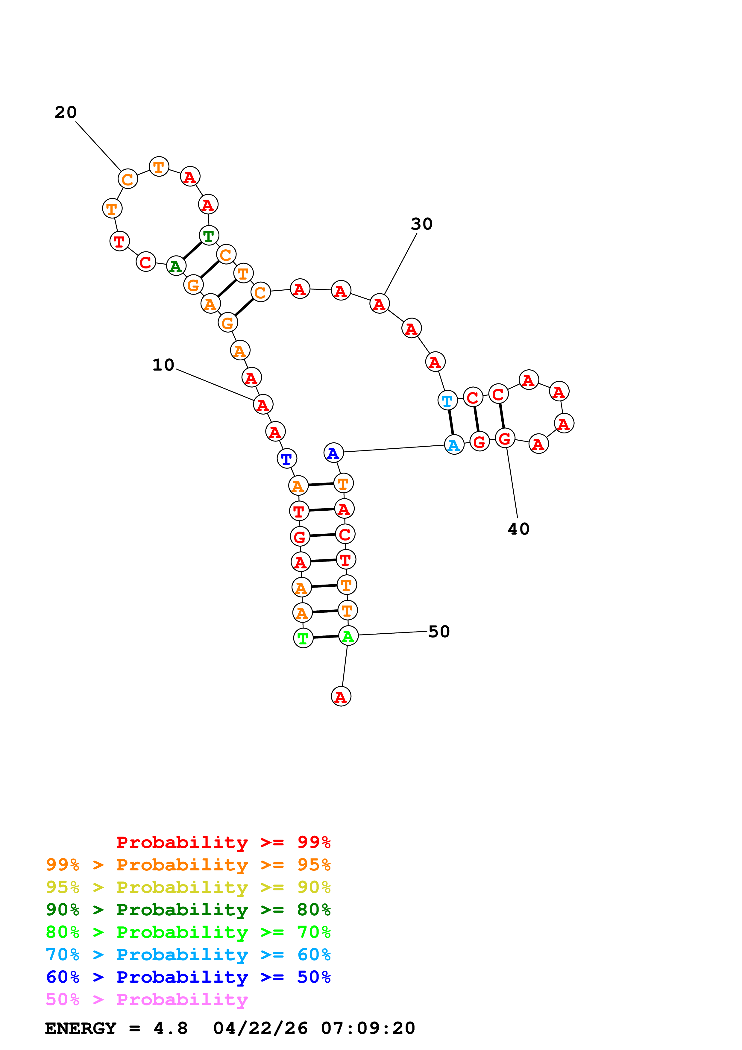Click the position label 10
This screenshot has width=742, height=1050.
tap(163, 365)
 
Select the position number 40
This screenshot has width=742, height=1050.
tap(518, 529)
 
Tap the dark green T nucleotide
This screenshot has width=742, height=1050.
tap(209, 236)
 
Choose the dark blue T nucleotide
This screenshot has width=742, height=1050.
tap(287, 458)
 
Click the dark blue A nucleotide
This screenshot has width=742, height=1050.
tap(333, 453)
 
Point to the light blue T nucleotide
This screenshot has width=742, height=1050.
tap(447, 400)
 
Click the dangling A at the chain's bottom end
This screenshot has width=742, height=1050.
tap(341, 697)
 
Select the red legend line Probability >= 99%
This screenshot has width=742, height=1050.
tap(223, 842)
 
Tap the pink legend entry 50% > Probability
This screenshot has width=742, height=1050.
tap(147, 1000)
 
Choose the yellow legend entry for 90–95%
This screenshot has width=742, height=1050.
tap(188, 887)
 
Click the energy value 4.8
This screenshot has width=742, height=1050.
tap(171, 1028)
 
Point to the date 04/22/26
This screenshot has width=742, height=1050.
tap(260, 1028)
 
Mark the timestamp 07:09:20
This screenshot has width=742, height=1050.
tap(368, 1028)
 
